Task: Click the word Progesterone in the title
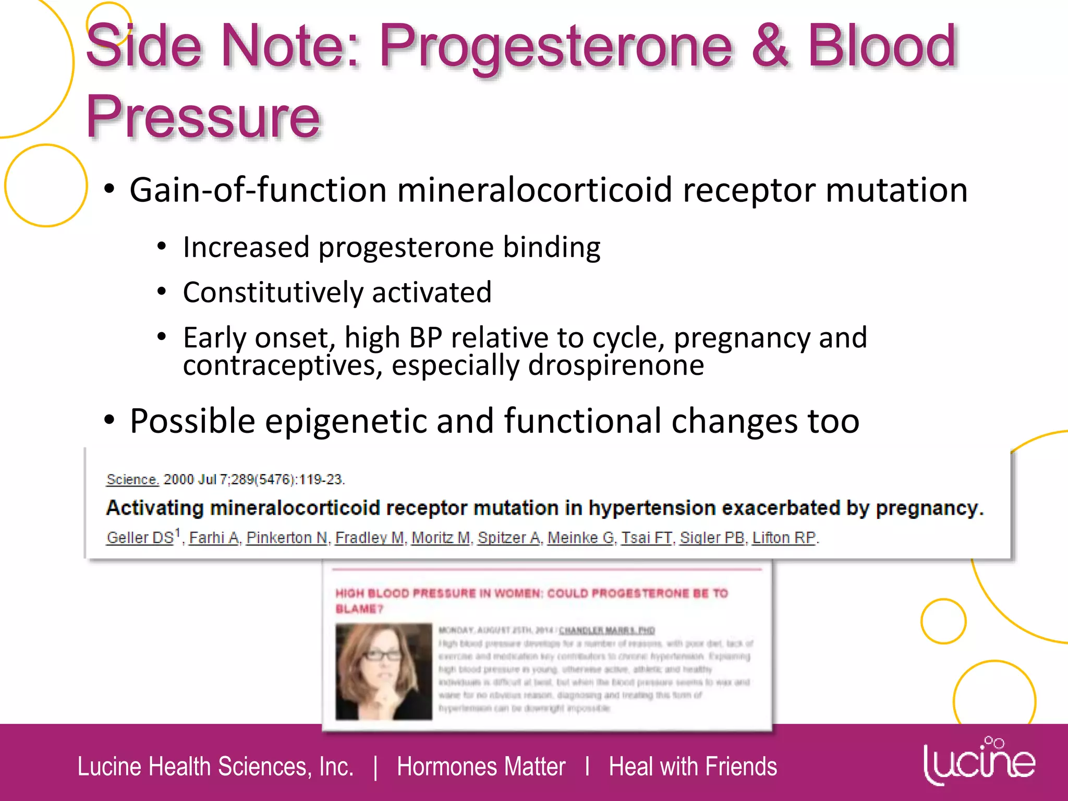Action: coord(555,47)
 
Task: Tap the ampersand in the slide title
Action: coord(770,47)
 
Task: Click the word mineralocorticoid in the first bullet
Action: coord(535,190)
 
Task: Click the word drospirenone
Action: coord(615,365)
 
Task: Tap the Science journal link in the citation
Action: coord(132,479)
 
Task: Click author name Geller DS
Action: coord(140,538)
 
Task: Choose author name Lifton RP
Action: coord(784,538)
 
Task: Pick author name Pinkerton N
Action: coord(287,538)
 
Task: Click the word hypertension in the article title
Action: coord(652,508)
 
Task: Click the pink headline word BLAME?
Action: coord(359,609)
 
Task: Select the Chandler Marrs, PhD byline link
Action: coord(606,630)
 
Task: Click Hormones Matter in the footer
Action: coord(481,767)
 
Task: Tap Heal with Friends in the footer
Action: coord(693,767)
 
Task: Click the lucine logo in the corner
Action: coord(979,761)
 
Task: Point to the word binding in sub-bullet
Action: coord(551,247)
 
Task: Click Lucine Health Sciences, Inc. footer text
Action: coord(215,767)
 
